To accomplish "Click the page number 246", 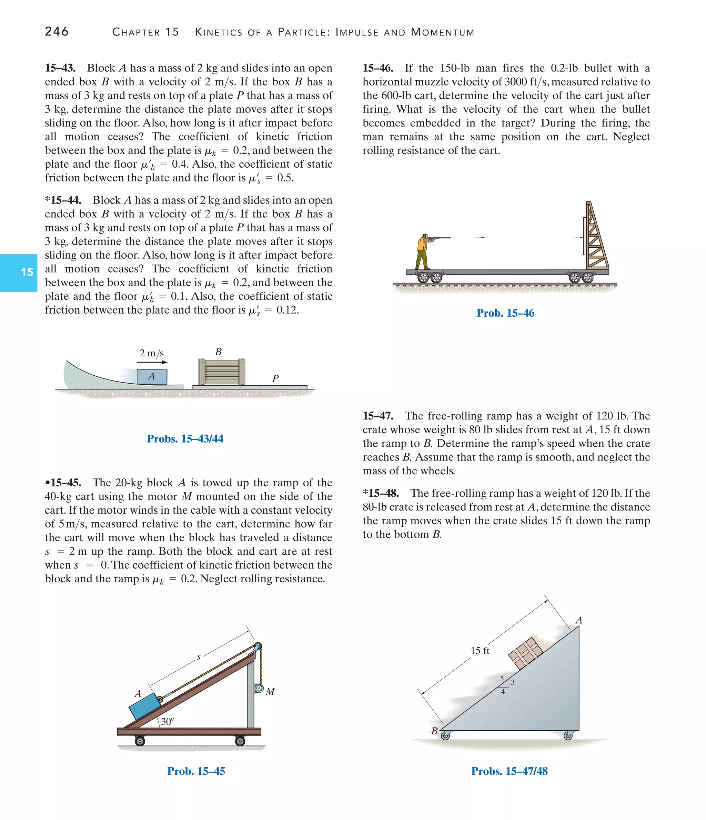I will pyautogui.click(x=57, y=31).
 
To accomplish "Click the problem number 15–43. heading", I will pyautogui.click(x=60, y=68).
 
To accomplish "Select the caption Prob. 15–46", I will pyautogui.click(x=505, y=313).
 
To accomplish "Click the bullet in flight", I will pyautogui.click(x=482, y=237).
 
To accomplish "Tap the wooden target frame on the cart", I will pyautogui.click(x=596, y=237).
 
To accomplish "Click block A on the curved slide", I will pyautogui.click(x=152, y=376).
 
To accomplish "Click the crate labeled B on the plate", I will pyautogui.click(x=222, y=372).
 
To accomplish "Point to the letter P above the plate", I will pyautogui.click(x=275, y=378).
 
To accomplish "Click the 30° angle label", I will pyautogui.click(x=167, y=721).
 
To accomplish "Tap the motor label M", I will pyautogui.click(x=270, y=692).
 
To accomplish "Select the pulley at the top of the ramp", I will pyautogui.click(x=258, y=646).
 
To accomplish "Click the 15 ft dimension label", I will pyautogui.click(x=480, y=651).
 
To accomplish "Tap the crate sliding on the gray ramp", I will pyautogui.click(x=526, y=653).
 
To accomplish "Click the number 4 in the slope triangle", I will pyautogui.click(x=503, y=692).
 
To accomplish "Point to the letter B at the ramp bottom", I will pyautogui.click(x=434, y=731).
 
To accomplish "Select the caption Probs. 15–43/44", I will pyautogui.click(x=185, y=438).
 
